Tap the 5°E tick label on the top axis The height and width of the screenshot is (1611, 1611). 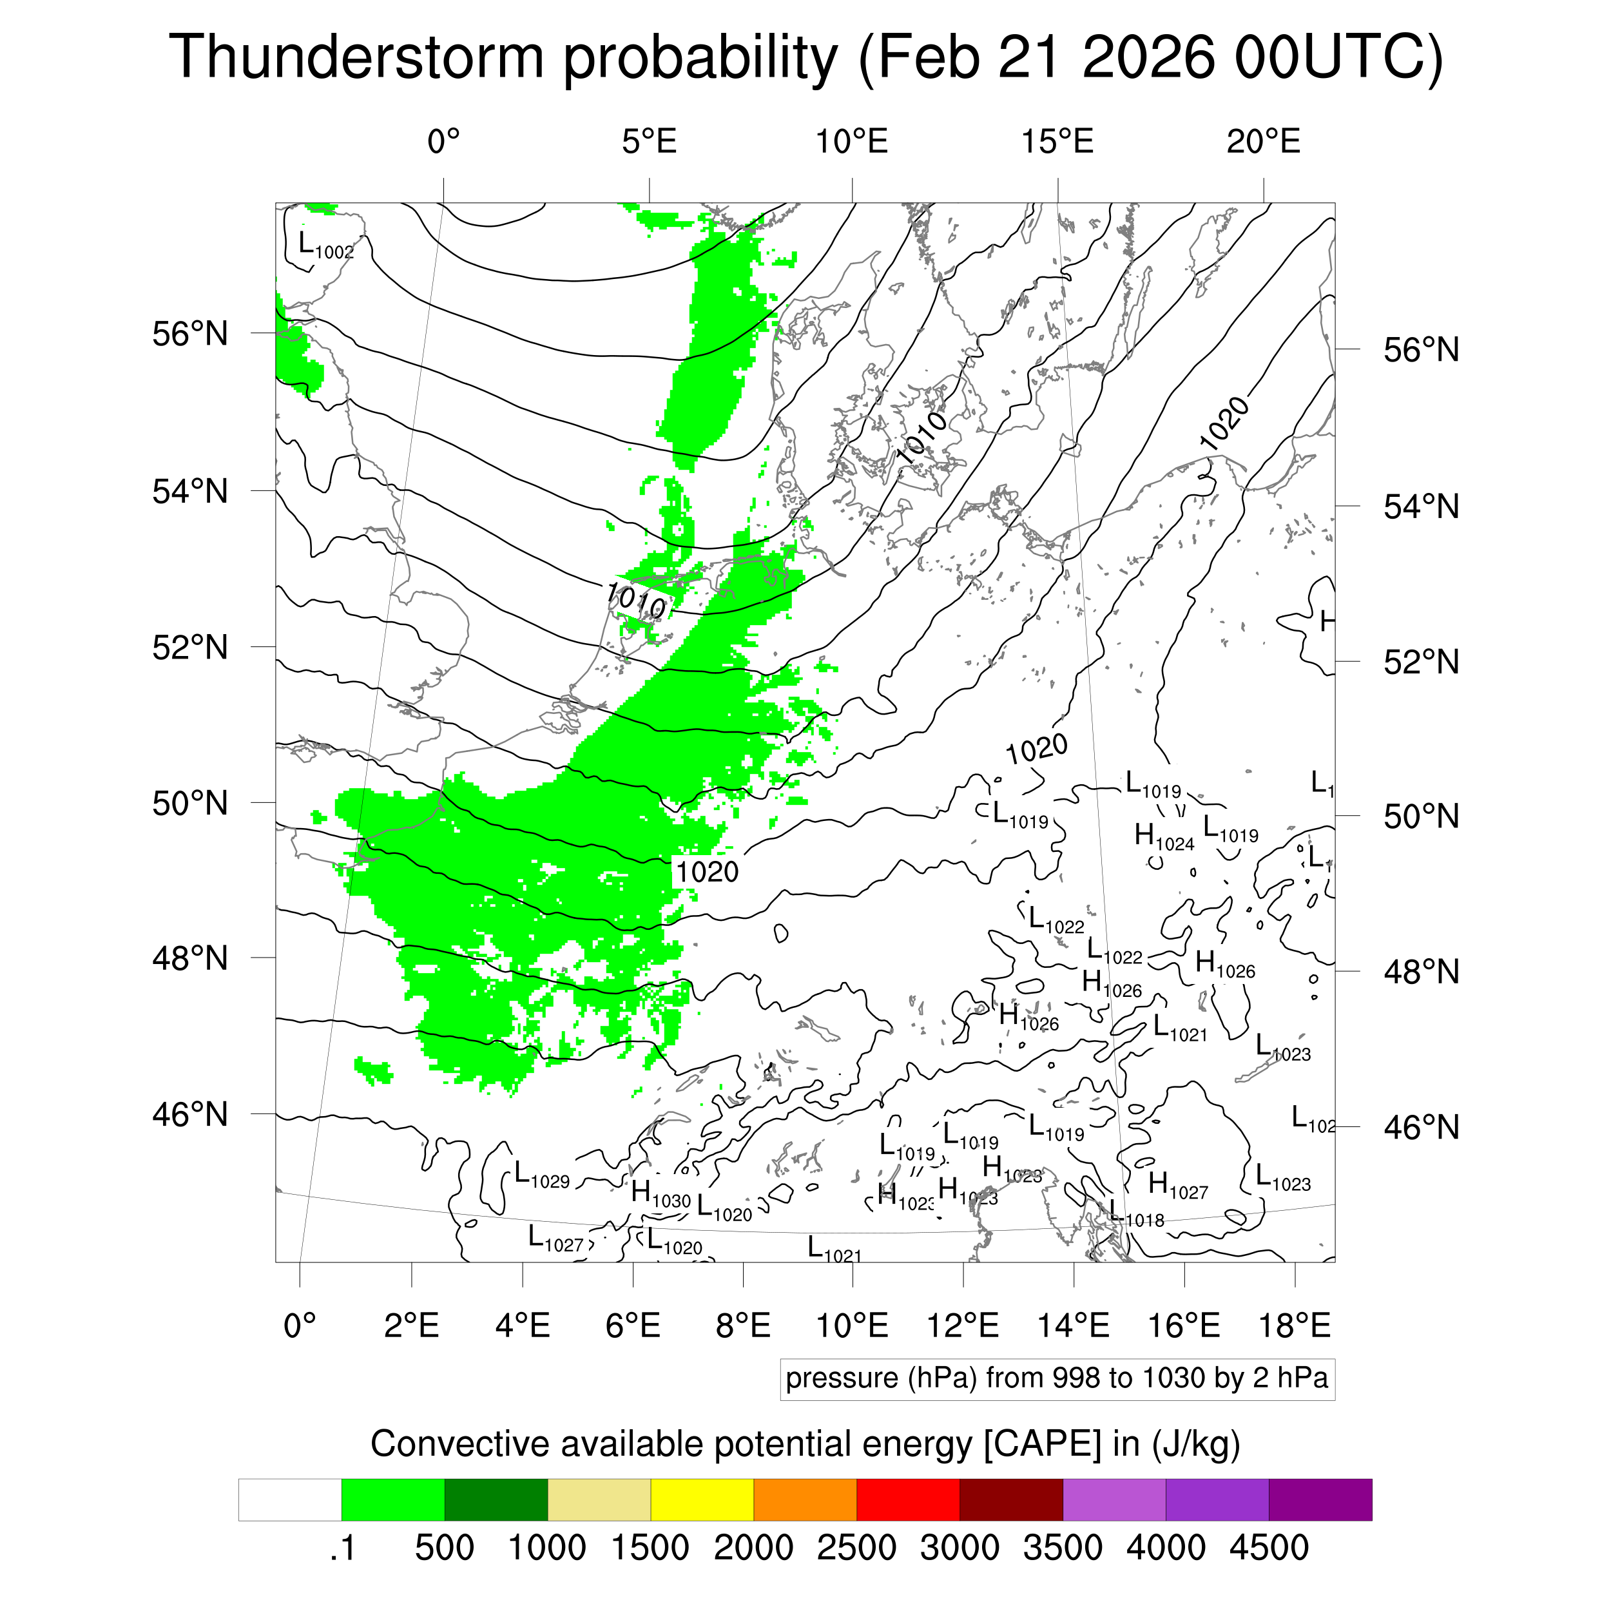coord(649,142)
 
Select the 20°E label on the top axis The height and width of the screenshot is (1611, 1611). coord(1262,142)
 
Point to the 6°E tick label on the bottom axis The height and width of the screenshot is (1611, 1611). coord(633,1325)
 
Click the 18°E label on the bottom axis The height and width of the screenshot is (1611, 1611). coord(1294,1325)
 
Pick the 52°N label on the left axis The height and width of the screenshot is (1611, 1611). coord(190,647)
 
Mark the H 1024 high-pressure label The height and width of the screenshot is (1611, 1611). coord(1164,836)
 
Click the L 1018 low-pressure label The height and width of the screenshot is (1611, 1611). coord(1135,1215)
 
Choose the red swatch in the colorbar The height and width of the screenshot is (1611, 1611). coord(908,1500)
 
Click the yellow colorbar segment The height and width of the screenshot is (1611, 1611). coord(702,1500)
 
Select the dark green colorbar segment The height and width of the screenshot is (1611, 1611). coord(496,1500)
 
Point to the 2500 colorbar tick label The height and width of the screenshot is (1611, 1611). coord(856,1548)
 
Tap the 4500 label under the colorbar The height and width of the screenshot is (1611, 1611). coord(1268,1548)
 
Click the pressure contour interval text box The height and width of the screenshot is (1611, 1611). coord(1056,1378)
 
